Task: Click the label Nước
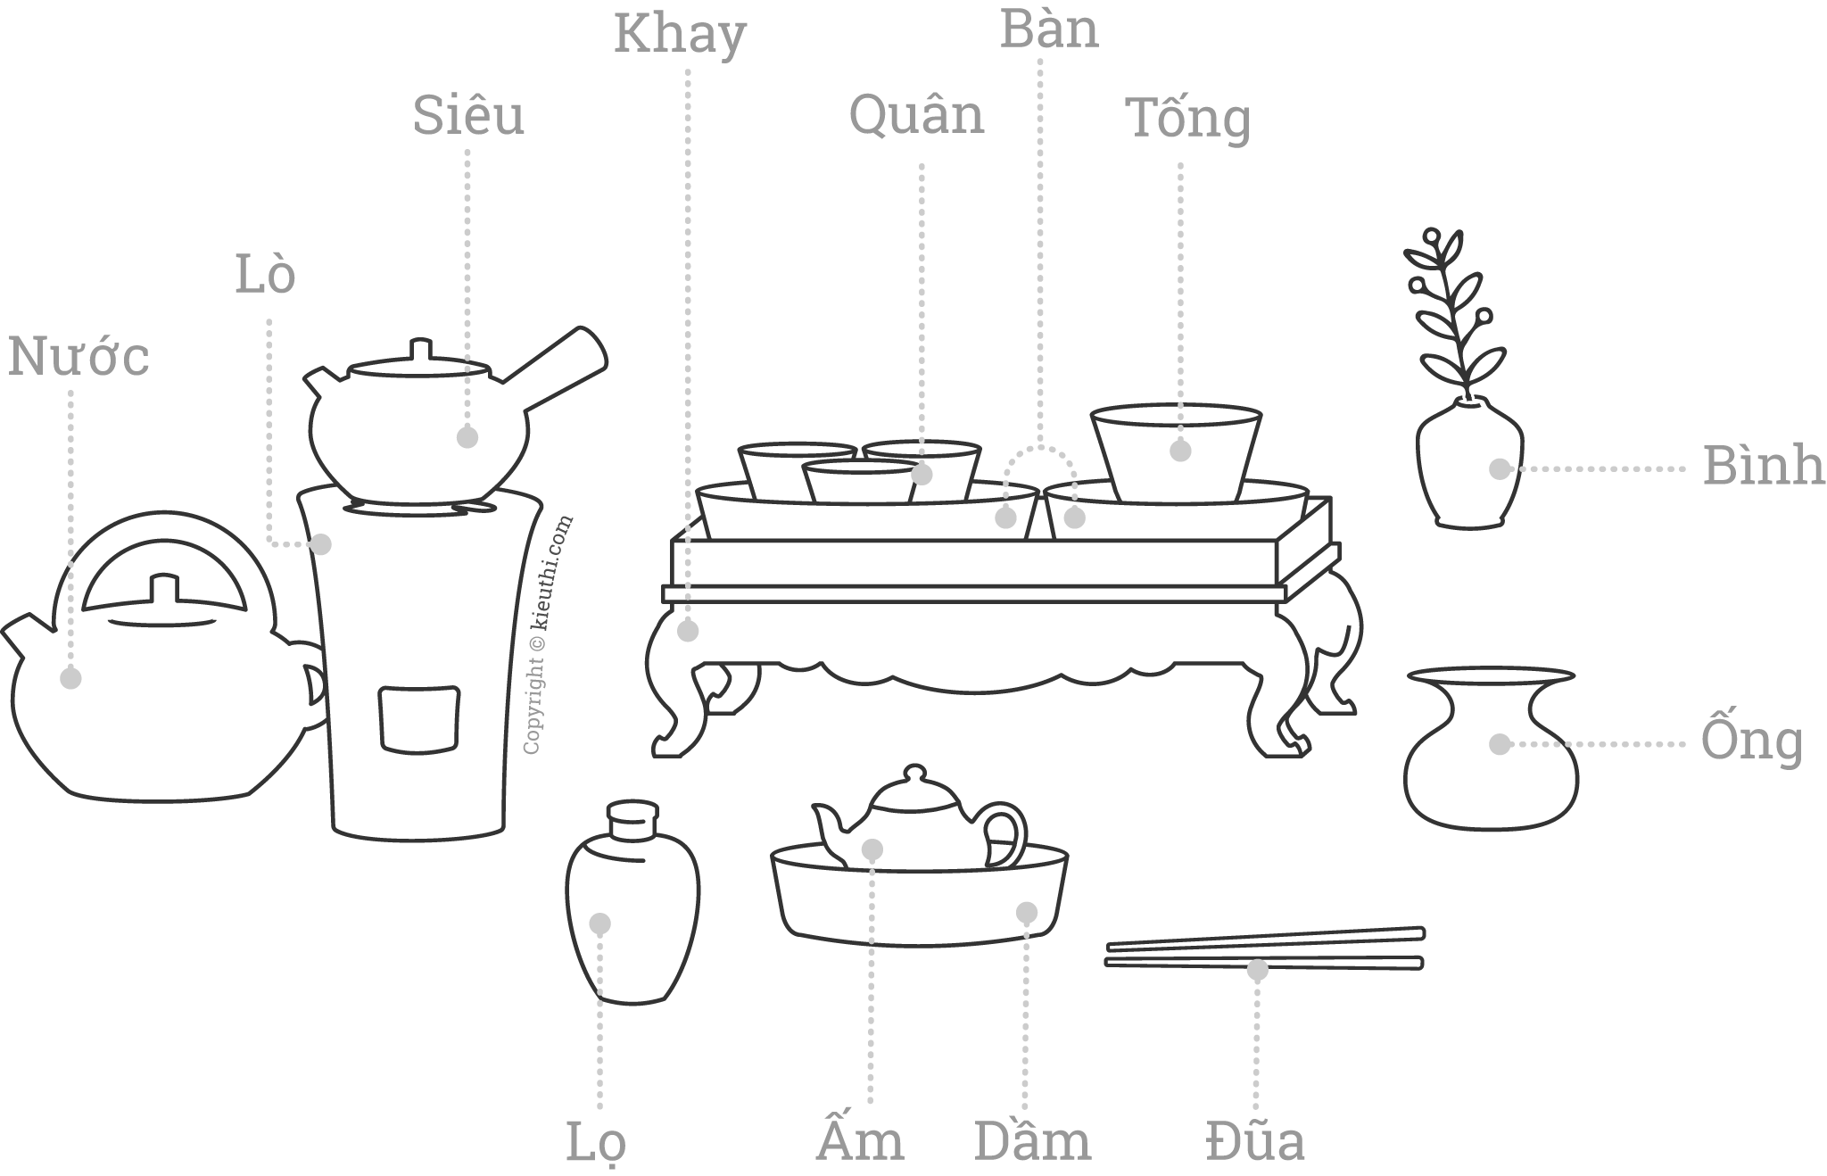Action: tap(79, 357)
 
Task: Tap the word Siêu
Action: tap(468, 117)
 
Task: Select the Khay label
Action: tap(680, 36)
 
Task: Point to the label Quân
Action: tap(916, 117)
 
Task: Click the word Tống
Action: tap(1191, 120)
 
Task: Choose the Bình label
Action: tap(1763, 466)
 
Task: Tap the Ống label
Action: tap(1751, 742)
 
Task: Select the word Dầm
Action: tap(1032, 1141)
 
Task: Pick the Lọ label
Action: tap(597, 1142)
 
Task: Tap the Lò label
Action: tap(265, 276)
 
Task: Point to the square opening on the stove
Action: tap(419, 718)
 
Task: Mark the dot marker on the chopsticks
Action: tap(1257, 970)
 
